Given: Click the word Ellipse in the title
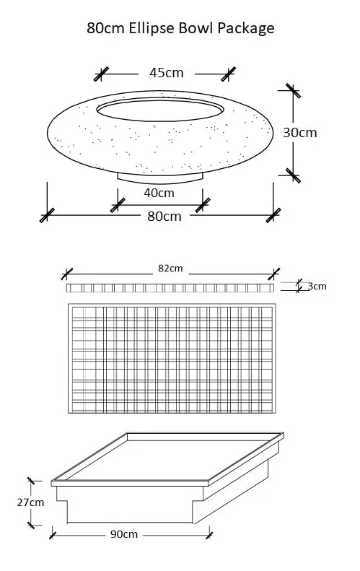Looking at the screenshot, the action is pyautogui.click(x=152, y=28).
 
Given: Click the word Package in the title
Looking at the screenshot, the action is pyautogui.click(x=246, y=29).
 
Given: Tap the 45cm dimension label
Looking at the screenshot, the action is pyautogui.click(x=167, y=73).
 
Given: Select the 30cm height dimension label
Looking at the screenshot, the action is pyautogui.click(x=300, y=133).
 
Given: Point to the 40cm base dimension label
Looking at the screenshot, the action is pyautogui.click(x=159, y=193).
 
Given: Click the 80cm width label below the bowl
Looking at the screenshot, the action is pyautogui.click(x=164, y=217).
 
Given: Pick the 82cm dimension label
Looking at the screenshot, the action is pyautogui.click(x=170, y=269).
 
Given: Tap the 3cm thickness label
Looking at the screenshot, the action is pyautogui.click(x=317, y=287).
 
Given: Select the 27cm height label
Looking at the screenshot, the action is pyautogui.click(x=30, y=502).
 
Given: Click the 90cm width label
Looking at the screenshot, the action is pyautogui.click(x=124, y=534).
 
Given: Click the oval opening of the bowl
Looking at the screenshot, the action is pyautogui.click(x=160, y=109).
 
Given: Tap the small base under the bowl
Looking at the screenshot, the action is pyautogui.click(x=160, y=178).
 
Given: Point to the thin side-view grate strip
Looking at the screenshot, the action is pyautogui.click(x=170, y=288).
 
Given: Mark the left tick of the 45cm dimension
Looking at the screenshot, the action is pyautogui.click(x=101, y=74).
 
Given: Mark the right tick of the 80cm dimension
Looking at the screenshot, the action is pyautogui.click(x=273, y=215).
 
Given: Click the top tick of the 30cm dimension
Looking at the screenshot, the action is pyautogui.click(x=293, y=91).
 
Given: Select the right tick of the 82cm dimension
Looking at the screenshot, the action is pyautogui.click(x=273, y=274).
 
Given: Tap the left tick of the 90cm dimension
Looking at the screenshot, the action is pyautogui.click(x=53, y=536).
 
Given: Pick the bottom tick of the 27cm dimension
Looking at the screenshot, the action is pyautogui.click(x=31, y=525).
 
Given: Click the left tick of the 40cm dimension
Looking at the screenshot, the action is pyautogui.click(x=118, y=205).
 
